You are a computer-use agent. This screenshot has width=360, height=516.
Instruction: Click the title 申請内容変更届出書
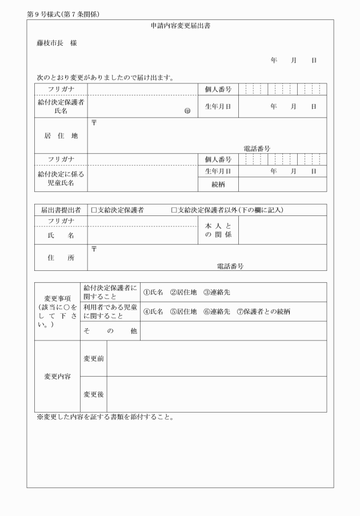(x=180, y=26)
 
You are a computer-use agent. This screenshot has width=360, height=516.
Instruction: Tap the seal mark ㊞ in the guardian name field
(x=187, y=111)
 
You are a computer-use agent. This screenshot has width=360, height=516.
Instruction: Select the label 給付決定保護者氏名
(x=61, y=106)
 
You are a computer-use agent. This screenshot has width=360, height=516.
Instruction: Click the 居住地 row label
(x=61, y=136)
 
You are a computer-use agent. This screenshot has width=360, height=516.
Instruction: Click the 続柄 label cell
(x=218, y=184)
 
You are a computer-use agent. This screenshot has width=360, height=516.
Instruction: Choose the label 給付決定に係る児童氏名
(x=61, y=178)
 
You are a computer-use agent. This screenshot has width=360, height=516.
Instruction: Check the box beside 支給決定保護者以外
(x=174, y=210)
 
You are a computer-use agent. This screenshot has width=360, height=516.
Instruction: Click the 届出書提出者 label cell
(x=61, y=210)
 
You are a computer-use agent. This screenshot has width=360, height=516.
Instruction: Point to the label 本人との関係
(x=218, y=230)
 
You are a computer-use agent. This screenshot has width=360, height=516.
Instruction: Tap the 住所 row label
(x=61, y=258)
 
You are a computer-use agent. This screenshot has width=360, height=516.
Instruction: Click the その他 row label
(x=110, y=331)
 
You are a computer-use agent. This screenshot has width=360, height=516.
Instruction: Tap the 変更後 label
(x=94, y=394)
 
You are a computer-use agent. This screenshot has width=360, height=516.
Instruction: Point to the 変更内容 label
(x=57, y=377)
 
